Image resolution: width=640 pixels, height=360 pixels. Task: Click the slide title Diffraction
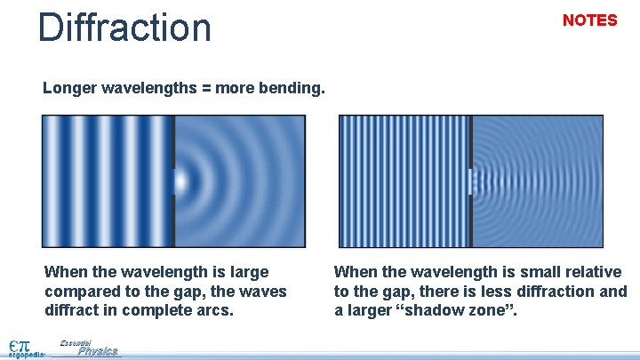(x=124, y=27)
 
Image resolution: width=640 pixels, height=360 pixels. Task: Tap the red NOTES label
(x=589, y=20)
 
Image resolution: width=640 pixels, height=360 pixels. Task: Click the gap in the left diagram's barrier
(x=173, y=181)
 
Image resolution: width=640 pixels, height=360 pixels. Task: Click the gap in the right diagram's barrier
(x=471, y=181)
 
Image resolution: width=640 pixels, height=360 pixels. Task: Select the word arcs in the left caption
(x=220, y=311)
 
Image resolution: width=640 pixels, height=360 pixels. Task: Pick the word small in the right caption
(x=516, y=272)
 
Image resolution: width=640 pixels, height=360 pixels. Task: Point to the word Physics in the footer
(x=97, y=351)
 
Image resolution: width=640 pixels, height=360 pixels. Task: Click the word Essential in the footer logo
(x=76, y=342)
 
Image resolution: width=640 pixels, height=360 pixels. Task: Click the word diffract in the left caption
(x=70, y=311)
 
